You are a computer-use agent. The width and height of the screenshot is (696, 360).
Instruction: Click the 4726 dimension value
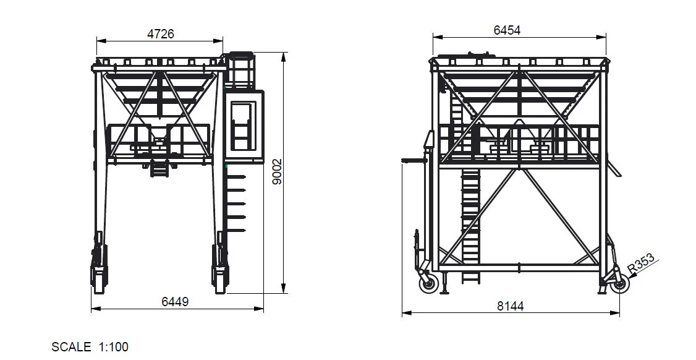coord(160,34)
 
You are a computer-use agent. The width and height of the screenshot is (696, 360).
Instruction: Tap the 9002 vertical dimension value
coord(278,171)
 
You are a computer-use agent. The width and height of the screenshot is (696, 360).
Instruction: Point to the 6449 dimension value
coord(175,301)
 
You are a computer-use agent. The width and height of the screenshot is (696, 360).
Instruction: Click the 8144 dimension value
coord(509,306)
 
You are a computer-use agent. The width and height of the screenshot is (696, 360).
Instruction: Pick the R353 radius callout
coord(641,263)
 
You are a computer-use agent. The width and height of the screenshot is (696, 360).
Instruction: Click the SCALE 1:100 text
coord(90,347)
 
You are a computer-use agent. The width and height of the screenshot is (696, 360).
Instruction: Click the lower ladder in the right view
coord(470,223)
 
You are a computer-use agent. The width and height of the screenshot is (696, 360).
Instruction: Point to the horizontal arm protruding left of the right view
coord(414,160)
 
